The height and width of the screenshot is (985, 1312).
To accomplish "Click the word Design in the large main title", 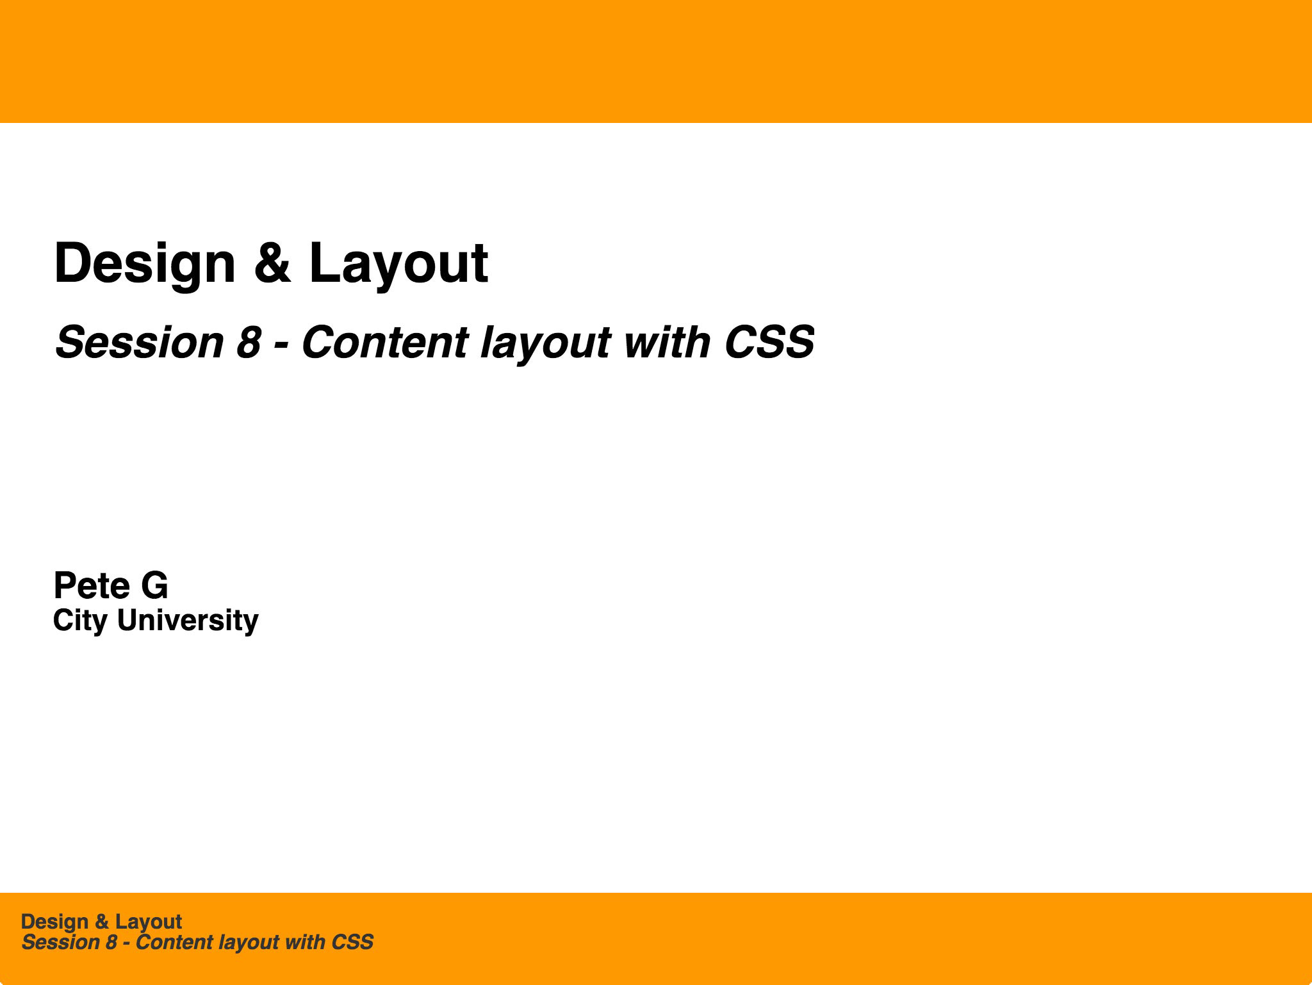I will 145,264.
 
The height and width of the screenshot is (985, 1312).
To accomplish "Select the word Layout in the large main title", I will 398,264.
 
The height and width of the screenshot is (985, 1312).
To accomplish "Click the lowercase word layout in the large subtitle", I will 545,343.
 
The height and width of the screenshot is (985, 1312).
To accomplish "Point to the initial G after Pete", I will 154,585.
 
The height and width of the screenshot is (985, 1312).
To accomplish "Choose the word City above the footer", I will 79,621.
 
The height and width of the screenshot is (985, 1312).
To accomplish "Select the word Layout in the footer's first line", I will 149,922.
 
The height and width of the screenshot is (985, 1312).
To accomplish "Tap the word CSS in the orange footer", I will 352,943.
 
